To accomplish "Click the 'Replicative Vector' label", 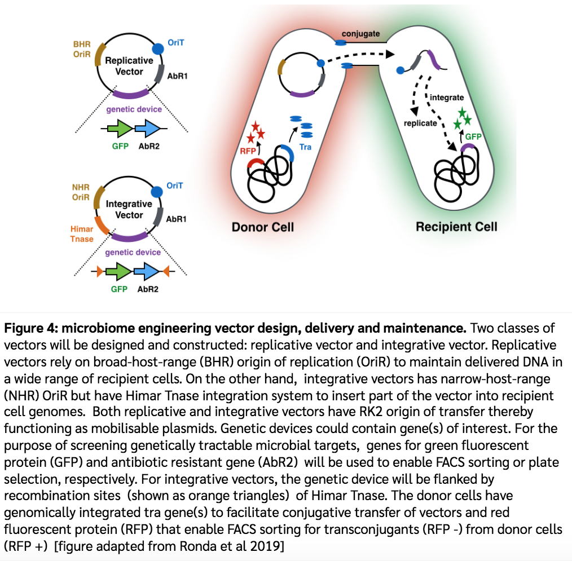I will click(x=129, y=66).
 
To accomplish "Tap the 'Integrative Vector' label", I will click(x=129, y=209).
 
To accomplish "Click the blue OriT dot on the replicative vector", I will click(x=159, y=49).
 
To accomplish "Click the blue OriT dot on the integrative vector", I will click(x=159, y=192).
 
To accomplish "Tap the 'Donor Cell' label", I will click(x=263, y=227).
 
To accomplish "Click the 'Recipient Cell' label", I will click(x=456, y=227).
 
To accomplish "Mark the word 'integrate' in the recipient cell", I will click(x=447, y=98).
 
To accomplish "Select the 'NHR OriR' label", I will click(x=81, y=191).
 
